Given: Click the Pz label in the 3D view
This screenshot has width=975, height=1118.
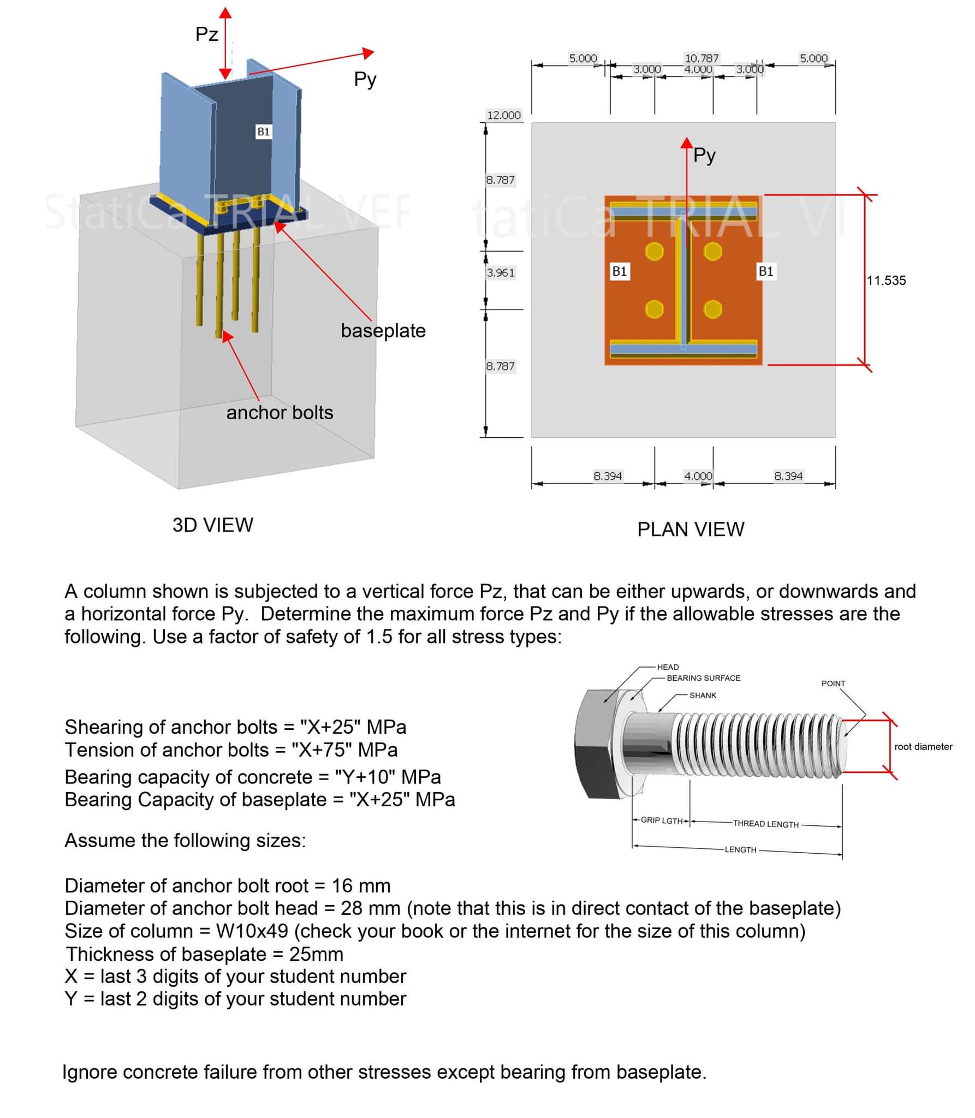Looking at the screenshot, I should point(206,34).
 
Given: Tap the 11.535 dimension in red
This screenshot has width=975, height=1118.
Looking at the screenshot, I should point(886,281).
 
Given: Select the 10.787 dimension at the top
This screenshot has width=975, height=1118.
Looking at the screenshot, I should point(701,58).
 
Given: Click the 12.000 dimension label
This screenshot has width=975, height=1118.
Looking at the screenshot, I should point(503,115).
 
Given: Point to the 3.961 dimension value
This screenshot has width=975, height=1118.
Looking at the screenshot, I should point(501,272).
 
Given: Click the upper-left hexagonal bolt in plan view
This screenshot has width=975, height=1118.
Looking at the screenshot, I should point(654,252).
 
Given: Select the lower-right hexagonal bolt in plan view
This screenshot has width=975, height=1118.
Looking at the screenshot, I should point(712,310).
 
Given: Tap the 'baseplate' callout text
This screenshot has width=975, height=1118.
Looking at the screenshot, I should point(383,331).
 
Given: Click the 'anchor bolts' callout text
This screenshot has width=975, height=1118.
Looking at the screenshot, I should point(280,413).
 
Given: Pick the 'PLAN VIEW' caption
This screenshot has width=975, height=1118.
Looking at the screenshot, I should point(690,530).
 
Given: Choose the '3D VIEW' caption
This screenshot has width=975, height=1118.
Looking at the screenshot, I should point(212,525).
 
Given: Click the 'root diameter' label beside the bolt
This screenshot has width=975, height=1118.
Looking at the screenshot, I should point(923,747).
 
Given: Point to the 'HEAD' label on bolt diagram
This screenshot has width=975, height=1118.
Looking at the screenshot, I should point(668,667).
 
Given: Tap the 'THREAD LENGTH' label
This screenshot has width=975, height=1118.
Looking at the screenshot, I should point(765,824).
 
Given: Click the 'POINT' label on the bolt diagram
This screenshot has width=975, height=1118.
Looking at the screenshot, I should point(833,683).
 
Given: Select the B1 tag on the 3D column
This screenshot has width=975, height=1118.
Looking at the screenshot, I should point(263,132).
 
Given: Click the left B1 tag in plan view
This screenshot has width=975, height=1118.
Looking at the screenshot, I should point(619,271).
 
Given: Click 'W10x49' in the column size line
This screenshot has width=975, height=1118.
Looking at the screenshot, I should point(252,931).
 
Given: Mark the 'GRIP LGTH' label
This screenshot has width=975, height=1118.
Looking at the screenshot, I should point(661,820).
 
